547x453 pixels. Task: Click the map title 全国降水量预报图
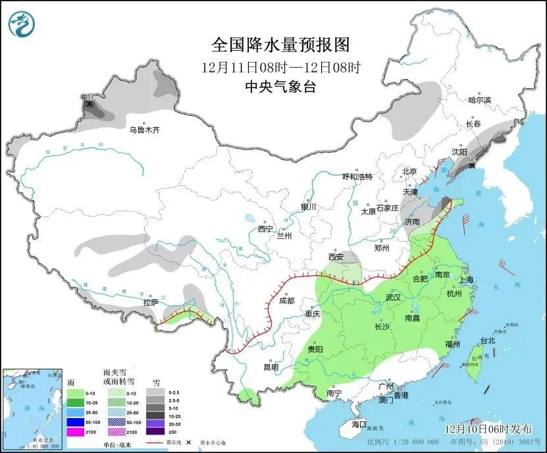pyautogui.click(x=280, y=45)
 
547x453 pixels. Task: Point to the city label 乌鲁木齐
pyautogui.click(x=144, y=130)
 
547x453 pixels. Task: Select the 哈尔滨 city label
pyautogui.click(x=479, y=100)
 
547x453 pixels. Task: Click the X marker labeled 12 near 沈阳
pyautogui.click(x=472, y=165)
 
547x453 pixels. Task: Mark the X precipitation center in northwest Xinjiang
pyautogui.click(x=90, y=103)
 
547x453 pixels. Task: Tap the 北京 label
pyautogui.click(x=409, y=171)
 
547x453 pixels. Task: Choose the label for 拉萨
pyautogui.click(x=151, y=303)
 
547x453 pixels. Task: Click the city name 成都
pyautogui.click(x=286, y=301)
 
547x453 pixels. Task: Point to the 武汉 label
pyautogui.click(x=393, y=297)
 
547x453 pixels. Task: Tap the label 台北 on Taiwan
pyautogui.click(x=487, y=340)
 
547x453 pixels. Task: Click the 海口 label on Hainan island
pyautogui.click(x=359, y=425)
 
